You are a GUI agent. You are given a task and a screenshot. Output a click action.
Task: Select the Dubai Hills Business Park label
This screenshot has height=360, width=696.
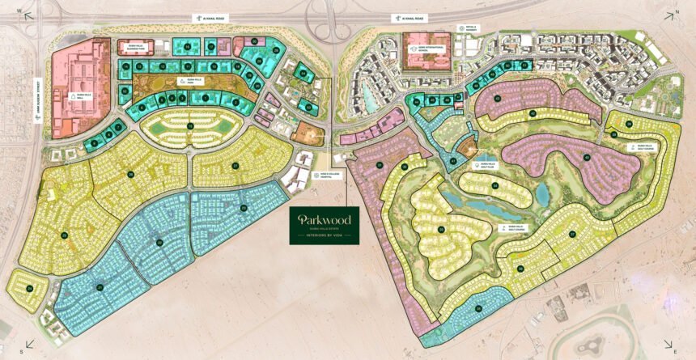(130, 46)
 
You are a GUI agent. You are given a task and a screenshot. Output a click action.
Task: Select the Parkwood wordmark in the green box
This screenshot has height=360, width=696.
(324, 219)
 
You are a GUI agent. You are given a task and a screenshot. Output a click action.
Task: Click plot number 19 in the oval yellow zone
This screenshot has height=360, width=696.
(189, 126)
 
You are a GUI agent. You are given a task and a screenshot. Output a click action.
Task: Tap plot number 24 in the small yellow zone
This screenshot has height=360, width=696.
(29, 287)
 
